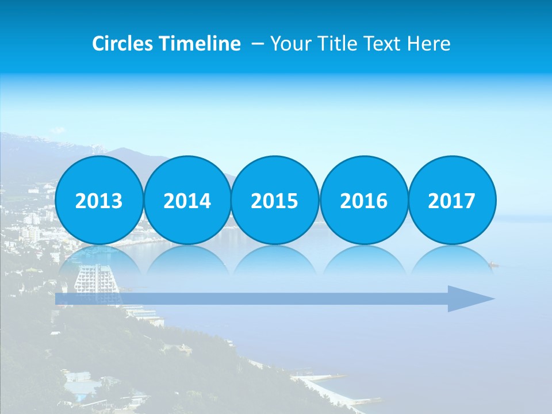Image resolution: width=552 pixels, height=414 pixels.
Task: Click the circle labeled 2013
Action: (x=99, y=200)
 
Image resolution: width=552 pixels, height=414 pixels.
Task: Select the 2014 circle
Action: (x=187, y=200)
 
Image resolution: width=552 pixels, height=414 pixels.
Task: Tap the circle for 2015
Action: (x=275, y=200)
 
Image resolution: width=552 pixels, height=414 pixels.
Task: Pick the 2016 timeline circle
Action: (x=363, y=200)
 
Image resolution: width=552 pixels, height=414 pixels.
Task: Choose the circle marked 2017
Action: (x=452, y=200)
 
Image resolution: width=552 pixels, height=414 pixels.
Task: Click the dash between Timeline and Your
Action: (x=258, y=44)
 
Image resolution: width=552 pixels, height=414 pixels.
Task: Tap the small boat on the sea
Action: (x=493, y=264)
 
